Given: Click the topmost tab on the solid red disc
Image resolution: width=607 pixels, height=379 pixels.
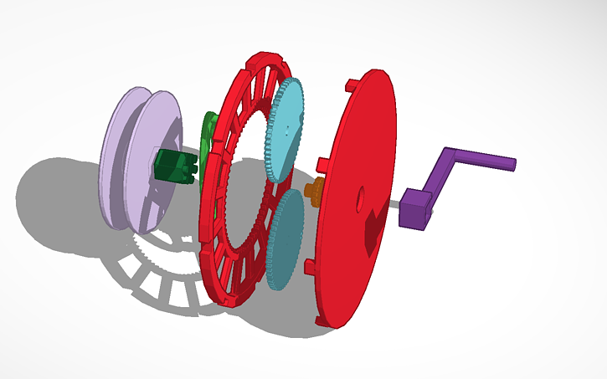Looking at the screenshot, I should [349, 85].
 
